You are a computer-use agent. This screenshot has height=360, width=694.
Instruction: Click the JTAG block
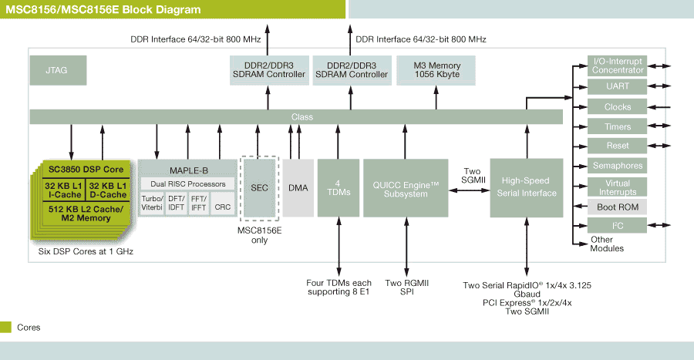coord(58,70)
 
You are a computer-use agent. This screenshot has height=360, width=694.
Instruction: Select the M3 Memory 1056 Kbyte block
coord(436,70)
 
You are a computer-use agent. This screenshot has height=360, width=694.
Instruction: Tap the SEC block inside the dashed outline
coord(259,188)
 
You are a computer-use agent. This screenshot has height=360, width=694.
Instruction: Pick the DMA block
coord(298,188)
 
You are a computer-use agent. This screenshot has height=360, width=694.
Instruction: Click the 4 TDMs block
coord(339,188)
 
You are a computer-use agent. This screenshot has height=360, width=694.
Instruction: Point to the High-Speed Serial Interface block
coord(526,188)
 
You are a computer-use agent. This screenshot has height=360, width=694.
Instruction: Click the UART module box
coord(617,86)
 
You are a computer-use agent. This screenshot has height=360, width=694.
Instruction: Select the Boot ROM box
coord(617,207)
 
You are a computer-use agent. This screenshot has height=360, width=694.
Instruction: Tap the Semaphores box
coord(617,166)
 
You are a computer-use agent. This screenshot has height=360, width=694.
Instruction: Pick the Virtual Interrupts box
coord(617,187)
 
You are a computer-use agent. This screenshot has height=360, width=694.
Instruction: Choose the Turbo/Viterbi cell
coord(152,204)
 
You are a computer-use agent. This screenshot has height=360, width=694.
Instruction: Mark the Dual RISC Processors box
coord(187,184)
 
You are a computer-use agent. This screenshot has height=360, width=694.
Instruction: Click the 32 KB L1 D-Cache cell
coord(108,190)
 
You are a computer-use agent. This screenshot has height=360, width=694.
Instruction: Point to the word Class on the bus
coord(302,117)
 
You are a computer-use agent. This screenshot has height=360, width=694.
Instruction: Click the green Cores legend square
coord(5,328)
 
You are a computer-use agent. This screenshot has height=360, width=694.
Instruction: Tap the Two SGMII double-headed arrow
coord(469,190)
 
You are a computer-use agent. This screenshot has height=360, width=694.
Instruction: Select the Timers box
coord(617,126)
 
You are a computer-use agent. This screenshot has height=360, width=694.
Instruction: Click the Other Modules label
coord(606,244)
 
